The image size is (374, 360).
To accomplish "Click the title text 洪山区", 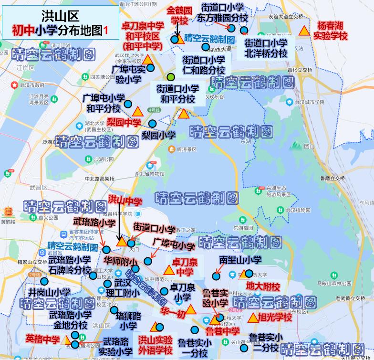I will coord(59,18).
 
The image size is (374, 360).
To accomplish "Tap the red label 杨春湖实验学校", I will coord(331,31).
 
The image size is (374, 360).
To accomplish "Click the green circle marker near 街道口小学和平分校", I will coord(170,77).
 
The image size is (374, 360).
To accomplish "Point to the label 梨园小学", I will coord(158,135).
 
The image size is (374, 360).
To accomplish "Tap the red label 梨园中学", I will coord(124,122).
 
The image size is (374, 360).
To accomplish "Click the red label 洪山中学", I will coord(125,200).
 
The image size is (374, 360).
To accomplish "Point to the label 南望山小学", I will coord(240,260).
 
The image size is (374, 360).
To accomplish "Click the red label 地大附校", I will coord(263,286).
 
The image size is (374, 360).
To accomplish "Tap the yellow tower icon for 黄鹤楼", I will coord(9,212).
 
